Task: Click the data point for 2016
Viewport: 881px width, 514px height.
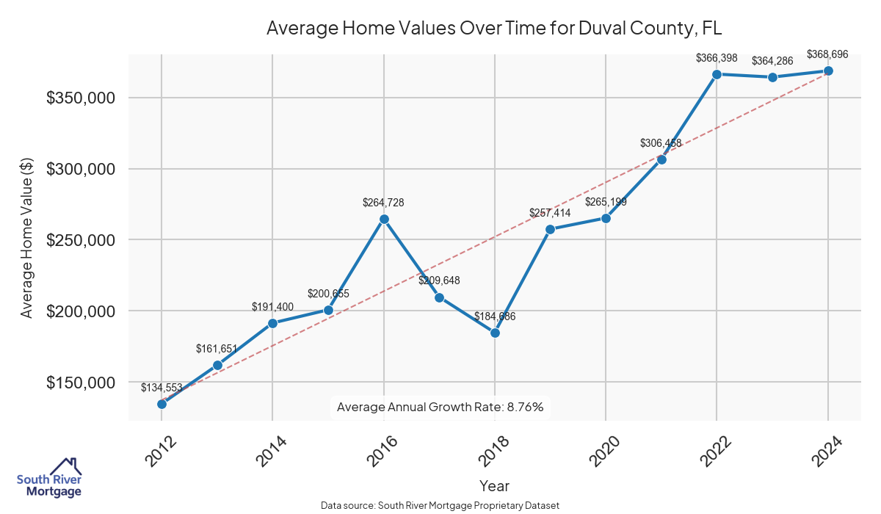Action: click(x=384, y=219)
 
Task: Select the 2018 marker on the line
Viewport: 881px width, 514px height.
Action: click(x=495, y=333)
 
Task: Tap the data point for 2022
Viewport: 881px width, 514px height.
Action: click(x=717, y=74)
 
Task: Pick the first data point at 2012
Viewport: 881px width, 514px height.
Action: click(x=162, y=404)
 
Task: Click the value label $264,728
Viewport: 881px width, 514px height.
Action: click(x=383, y=202)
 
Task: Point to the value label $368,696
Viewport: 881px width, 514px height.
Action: click(x=827, y=54)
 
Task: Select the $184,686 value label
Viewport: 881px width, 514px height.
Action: click(x=495, y=316)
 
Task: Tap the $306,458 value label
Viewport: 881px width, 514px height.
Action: click(x=661, y=143)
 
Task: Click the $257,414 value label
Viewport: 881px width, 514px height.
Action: click(x=550, y=213)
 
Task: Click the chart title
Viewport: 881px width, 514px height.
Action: click(x=494, y=29)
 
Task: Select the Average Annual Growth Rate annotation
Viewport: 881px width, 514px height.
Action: click(x=440, y=407)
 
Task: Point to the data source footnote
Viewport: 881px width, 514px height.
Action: click(x=440, y=506)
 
